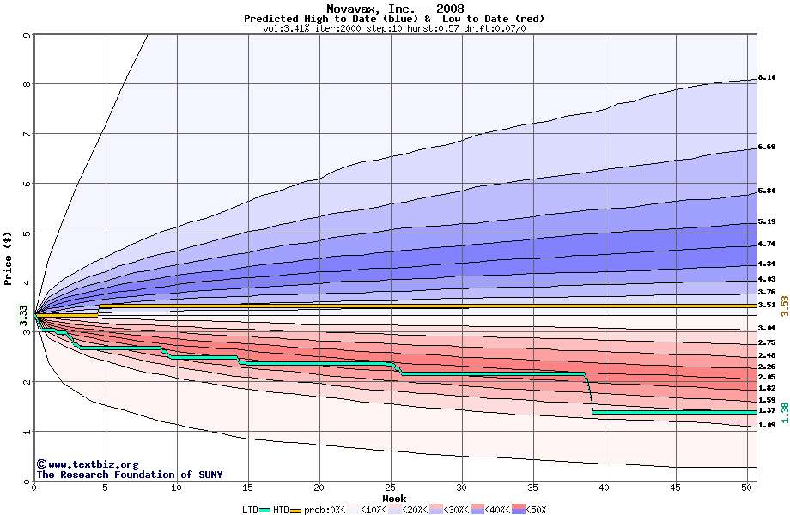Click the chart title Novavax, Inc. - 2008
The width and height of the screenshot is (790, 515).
[394, 9]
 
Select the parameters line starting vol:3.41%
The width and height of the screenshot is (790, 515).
[394, 28]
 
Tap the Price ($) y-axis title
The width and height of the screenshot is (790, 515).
[9, 257]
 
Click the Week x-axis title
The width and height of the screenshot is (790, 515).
[394, 498]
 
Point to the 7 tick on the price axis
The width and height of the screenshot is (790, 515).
[27, 134]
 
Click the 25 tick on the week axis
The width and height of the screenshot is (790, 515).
[391, 488]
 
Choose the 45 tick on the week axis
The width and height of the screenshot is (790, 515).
[676, 488]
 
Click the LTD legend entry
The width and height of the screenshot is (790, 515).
[252, 510]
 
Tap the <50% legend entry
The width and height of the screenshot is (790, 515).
[534, 510]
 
